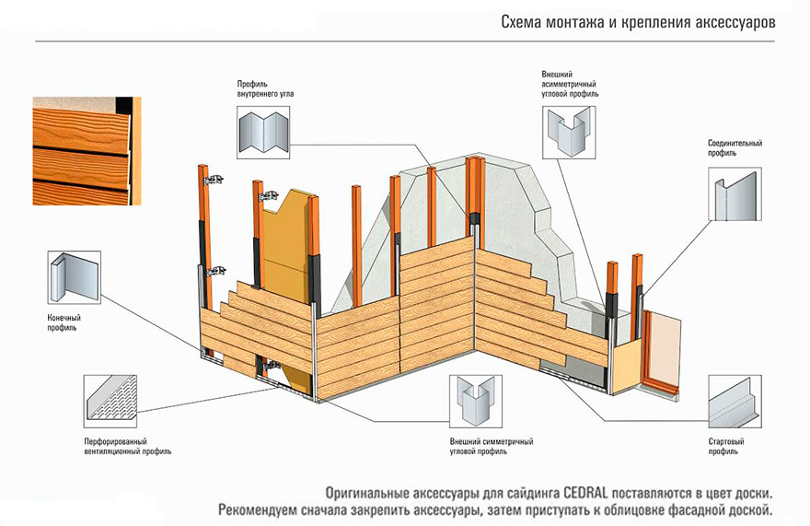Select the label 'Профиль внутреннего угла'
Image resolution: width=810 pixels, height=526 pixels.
click(265, 88)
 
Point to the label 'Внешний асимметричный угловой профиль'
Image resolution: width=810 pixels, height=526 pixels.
click(570, 83)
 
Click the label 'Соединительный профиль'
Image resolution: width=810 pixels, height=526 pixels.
click(735, 148)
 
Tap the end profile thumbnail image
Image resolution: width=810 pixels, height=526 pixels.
click(75, 281)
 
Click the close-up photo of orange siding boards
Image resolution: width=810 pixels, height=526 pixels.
click(87, 150)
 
